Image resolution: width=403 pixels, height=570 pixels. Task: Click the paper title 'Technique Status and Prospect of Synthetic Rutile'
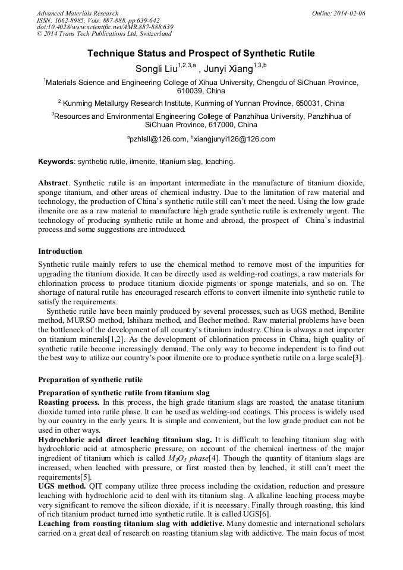201,53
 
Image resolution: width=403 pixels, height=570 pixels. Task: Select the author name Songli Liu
156,68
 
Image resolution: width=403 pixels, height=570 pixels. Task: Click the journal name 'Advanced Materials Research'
77,13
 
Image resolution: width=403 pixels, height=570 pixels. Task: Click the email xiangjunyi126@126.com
235,139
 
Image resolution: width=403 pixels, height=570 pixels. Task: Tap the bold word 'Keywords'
56,161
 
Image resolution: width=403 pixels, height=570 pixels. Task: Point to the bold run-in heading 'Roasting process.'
68,402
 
